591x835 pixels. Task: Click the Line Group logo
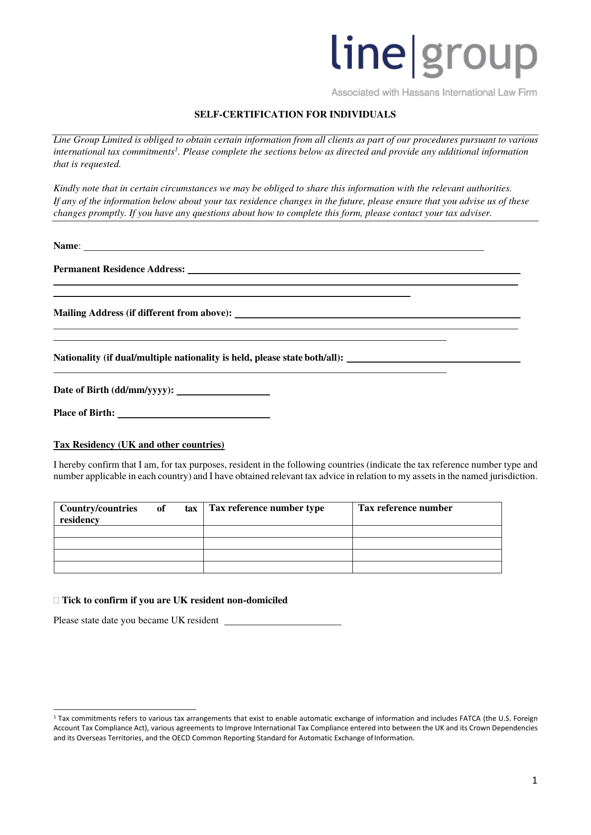434,56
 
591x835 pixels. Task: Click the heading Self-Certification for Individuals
295,115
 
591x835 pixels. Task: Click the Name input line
283,246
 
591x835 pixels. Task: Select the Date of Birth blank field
223,391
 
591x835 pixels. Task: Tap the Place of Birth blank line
193,413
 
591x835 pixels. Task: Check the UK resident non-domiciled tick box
57,600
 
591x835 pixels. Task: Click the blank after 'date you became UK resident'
282,620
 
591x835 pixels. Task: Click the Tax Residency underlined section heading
139,445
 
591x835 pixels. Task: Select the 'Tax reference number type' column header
267,508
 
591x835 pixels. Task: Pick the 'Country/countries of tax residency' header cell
128,514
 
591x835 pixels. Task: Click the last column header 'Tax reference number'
405,508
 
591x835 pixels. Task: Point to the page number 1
534,780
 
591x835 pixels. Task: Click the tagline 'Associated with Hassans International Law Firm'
434,93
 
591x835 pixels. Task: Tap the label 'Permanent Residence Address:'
119,269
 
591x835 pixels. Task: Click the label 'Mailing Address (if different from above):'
142,313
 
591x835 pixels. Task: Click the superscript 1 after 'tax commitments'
175,149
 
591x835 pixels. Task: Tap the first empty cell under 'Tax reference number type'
278,531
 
